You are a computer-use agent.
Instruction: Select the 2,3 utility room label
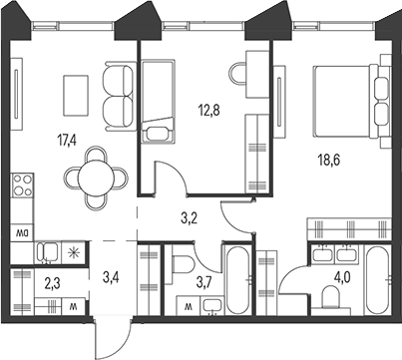tap(52, 283)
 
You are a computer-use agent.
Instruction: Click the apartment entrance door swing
tap(110, 339)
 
